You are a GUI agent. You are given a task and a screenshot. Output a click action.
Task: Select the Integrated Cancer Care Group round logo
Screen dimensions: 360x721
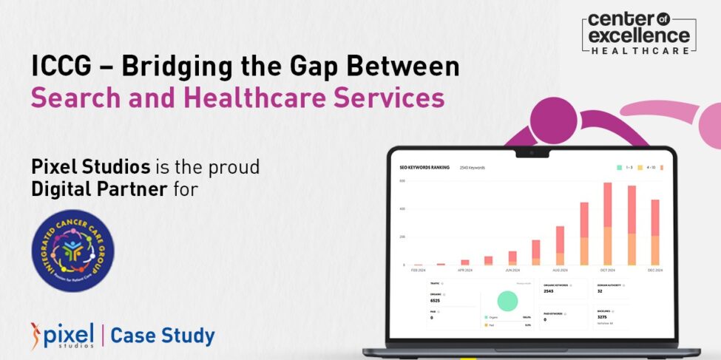point(72,251)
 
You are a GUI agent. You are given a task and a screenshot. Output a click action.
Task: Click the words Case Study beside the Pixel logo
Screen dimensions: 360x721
point(163,336)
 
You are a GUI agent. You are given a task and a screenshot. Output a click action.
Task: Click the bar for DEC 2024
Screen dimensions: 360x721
point(654,232)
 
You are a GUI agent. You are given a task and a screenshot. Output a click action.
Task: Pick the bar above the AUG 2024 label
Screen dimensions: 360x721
point(560,245)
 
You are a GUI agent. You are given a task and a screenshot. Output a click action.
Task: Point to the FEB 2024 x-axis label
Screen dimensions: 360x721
point(419,271)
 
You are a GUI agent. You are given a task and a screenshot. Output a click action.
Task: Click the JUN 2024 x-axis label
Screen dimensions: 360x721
point(512,271)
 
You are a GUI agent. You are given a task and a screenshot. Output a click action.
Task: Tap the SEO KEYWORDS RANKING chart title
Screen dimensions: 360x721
point(424,168)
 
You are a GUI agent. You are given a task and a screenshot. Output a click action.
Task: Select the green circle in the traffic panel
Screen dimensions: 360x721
point(507,300)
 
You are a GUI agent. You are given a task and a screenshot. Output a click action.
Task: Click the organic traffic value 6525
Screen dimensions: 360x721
point(436,301)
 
